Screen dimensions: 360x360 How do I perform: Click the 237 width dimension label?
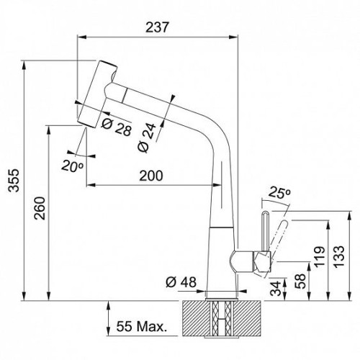[x=158, y=27]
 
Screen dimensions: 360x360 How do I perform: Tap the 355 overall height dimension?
[x=14, y=181]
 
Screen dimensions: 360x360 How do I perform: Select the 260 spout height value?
[x=40, y=208]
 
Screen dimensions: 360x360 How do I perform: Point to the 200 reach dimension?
[x=151, y=176]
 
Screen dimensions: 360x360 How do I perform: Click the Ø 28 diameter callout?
[x=117, y=127]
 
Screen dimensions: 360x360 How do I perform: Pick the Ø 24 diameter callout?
[x=147, y=138]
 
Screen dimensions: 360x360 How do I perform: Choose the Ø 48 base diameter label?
[x=181, y=282]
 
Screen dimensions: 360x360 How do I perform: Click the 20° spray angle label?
[x=72, y=166]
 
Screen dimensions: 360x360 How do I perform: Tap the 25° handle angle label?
[x=280, y=192]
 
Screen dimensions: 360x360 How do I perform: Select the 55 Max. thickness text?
[x=142, y=326]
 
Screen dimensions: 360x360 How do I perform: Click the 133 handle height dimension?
[x=339, y=256]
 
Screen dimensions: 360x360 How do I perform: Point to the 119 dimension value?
[x=320, y=256]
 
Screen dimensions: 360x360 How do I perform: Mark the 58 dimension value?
[x=300, y=281]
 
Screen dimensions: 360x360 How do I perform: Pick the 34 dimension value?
[x=276, y=288]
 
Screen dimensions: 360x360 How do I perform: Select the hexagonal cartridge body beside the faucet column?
[x=261, y=262]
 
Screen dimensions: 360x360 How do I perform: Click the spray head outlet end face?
[x=86, y=123]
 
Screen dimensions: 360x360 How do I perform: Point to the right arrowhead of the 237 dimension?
[x=233, y=37]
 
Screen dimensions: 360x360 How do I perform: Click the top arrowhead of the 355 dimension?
[x=24, y=66]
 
